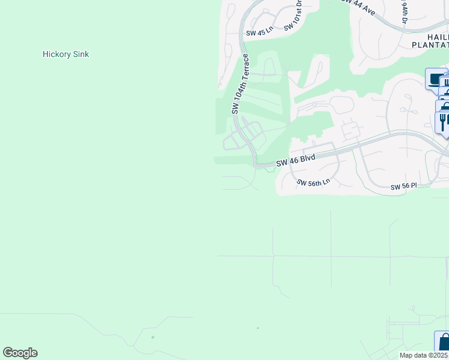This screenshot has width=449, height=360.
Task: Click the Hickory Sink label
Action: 66,54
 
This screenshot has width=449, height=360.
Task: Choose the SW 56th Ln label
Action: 314,182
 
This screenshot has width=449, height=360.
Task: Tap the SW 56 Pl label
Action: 403,187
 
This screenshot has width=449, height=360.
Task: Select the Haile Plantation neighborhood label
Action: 430,40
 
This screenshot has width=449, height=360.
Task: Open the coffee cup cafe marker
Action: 435,79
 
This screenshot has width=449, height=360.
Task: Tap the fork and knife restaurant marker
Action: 443,122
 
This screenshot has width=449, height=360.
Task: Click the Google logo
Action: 20,353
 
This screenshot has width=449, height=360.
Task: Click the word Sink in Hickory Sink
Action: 80,54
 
